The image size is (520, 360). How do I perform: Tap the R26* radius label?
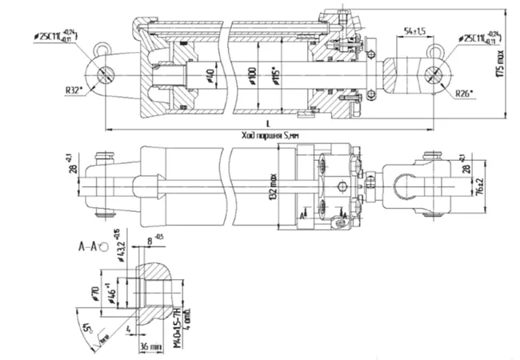[x=463, y=94]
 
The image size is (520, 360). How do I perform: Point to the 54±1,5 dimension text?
[x=414, y=30]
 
